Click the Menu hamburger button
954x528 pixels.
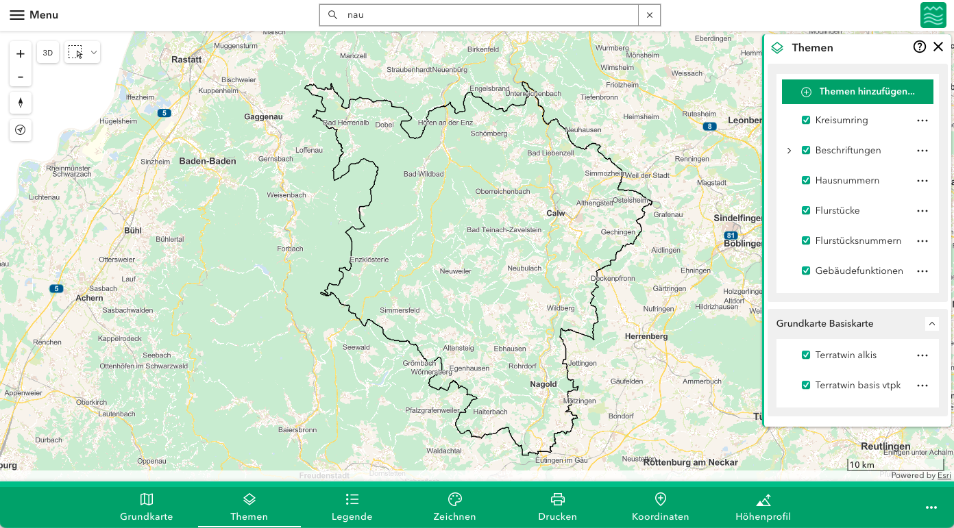[34, 15]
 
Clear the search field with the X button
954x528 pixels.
[649, 15]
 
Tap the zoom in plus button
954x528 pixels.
[21, 54]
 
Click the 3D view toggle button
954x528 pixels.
[48, 53]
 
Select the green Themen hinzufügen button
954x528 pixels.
[857, 92]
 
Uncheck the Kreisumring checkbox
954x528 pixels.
[806, 121]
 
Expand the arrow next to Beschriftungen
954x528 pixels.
[789, 151]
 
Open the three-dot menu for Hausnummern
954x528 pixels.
[922, 181]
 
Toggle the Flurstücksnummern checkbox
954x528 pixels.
[806, 241]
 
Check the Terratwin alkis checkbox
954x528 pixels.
[806, 355]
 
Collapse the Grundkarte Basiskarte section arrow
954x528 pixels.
[931, 323]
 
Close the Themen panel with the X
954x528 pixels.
[938, 47]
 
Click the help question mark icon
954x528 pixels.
[920, 47]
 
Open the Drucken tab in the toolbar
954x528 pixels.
[557, 507]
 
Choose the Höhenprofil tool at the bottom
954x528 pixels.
[763, 507]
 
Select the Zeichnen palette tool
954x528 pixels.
[454, 507]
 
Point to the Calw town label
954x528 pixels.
[555, 213]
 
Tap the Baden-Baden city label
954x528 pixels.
[207, 162]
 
